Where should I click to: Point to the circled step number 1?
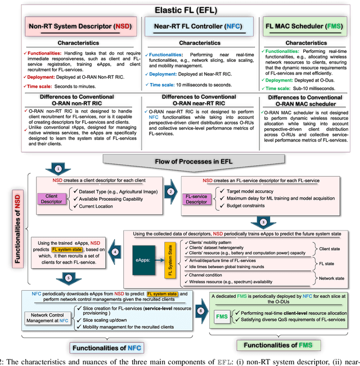point(58,169)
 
